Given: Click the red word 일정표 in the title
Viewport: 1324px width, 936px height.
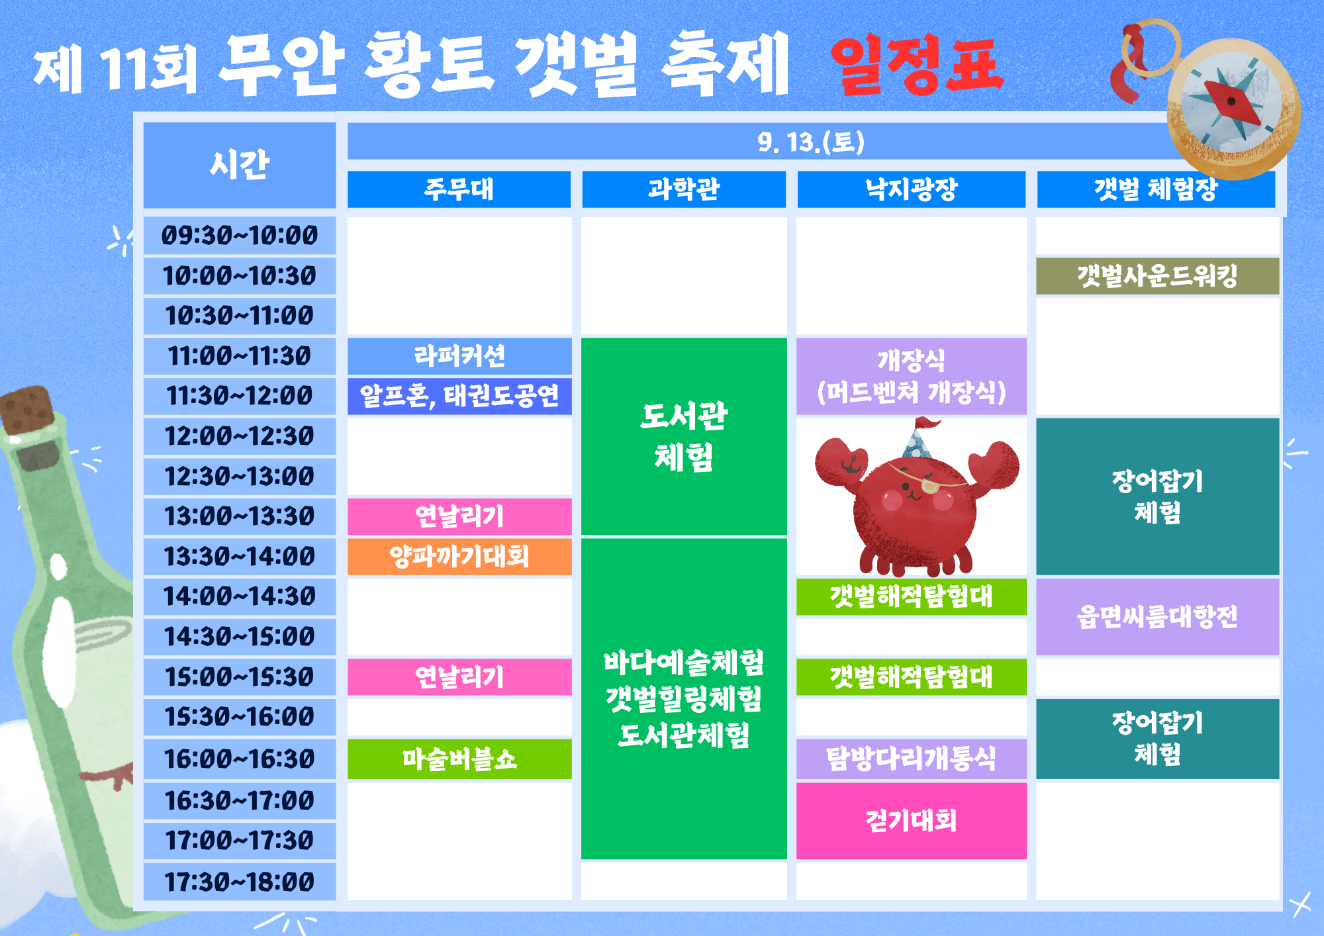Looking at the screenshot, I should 917,64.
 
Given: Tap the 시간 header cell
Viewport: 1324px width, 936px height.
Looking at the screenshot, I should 239,164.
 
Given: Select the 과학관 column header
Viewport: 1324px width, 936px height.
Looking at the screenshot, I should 684,189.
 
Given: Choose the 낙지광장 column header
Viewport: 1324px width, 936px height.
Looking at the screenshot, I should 911,189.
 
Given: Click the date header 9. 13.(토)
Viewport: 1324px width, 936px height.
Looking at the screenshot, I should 811,142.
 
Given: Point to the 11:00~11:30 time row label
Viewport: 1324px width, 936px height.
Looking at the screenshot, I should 239,356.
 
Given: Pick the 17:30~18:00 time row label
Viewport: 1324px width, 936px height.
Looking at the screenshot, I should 239,882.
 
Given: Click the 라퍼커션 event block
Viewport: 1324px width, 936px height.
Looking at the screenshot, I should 459,356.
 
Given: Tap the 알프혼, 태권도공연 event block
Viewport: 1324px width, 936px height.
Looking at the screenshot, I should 459,396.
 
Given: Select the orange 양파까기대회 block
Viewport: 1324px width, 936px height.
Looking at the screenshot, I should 459,557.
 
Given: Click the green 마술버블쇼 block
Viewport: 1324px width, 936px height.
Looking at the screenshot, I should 459,759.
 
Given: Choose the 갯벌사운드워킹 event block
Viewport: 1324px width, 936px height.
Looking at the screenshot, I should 1157,275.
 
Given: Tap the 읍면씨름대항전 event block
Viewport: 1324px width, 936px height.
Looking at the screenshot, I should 1157,617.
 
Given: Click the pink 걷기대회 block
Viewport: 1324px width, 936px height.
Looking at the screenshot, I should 911,821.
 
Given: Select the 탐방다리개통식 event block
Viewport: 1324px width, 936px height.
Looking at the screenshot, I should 911,759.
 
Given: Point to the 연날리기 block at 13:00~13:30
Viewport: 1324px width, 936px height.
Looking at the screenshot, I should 459,516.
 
